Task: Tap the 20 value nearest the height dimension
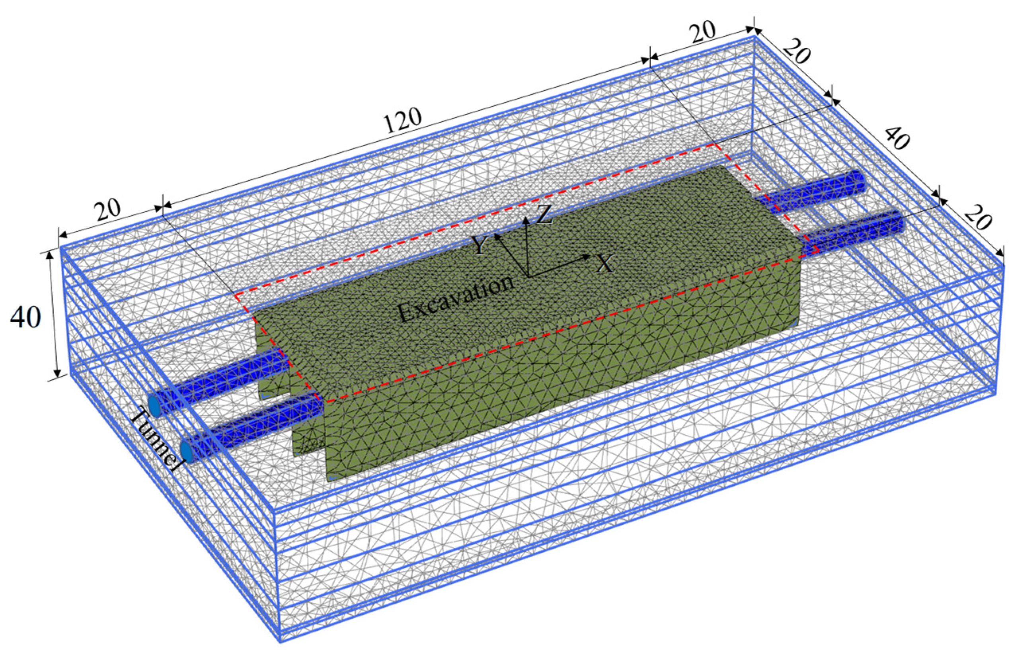tap(107, 210)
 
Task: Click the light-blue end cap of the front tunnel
tap(187, 451)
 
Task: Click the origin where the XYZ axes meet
tap(527, 276)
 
